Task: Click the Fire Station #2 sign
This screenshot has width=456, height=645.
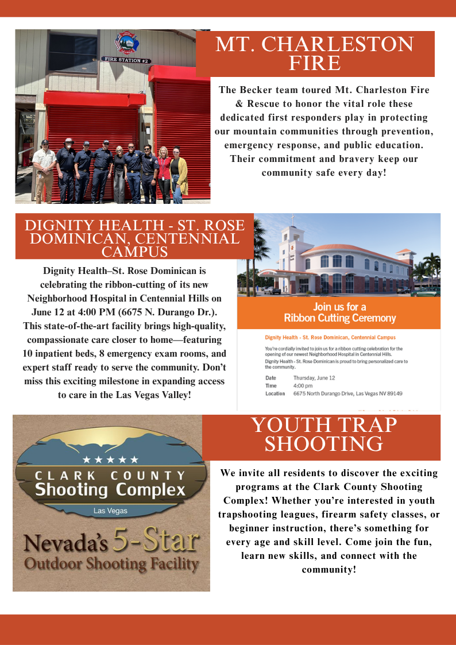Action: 126,59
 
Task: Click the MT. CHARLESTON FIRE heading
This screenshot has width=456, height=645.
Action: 314,53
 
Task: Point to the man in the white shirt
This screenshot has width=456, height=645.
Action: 44,169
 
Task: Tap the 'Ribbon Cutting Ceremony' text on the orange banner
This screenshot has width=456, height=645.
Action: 339,318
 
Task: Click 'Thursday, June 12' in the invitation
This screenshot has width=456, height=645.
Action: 314,377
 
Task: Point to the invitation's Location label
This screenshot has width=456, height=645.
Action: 275,393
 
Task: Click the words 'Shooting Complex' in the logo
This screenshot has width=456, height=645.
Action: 110,490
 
